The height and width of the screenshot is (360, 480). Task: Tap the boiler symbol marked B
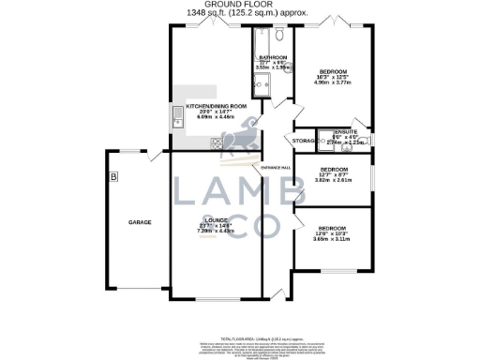113,175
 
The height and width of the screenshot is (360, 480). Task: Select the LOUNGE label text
217,220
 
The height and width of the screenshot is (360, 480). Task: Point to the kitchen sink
176,116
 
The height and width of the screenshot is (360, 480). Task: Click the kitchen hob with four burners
217,142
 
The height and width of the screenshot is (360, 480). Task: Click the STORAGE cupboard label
303,141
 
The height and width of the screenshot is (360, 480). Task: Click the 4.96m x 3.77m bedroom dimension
335,82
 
